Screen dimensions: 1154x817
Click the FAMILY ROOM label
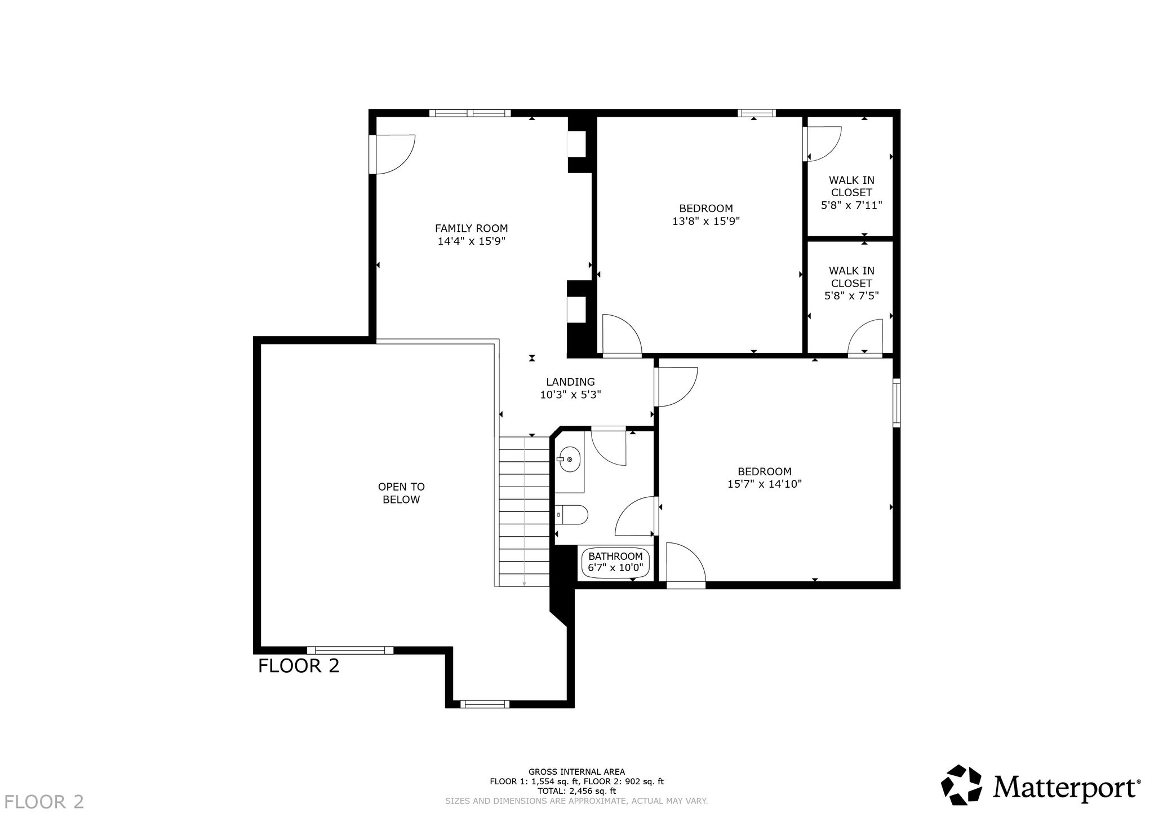click(471, 228)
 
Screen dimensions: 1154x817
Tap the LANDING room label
click(570, 382)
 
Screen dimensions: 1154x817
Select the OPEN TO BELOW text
click(401, 493)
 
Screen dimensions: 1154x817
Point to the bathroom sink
click(570, 460)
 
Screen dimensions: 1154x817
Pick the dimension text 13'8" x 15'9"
click(705, 221)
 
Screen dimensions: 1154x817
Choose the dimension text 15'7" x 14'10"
click(765, 484)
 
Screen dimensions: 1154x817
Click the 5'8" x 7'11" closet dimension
click(851, 205)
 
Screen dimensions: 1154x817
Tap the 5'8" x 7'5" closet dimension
click(851, 295)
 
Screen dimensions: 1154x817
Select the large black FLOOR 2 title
click(299, 666)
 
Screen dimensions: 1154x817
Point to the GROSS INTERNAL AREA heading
click(576, 772)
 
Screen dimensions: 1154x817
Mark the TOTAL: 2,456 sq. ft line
click(576, 791)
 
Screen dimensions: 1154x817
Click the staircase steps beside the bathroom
click(524, 511)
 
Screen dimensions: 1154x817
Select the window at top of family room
click(470, 113)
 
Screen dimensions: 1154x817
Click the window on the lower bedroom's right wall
click(896, 403)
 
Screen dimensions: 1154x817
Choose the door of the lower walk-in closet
click(865, 337)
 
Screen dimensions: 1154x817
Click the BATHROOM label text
click(615, 556)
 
